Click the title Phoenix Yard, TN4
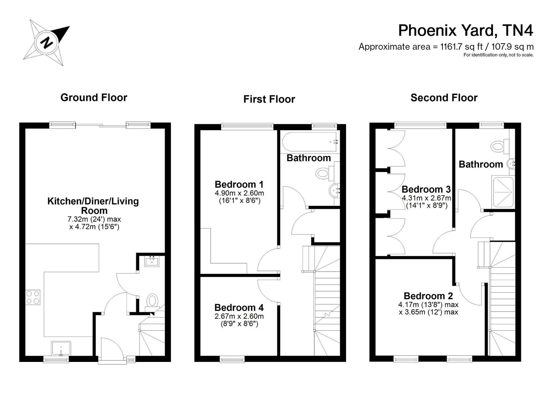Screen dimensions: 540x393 [466, 30]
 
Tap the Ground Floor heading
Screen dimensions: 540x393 [94, 98]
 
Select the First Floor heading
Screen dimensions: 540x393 [269, 99]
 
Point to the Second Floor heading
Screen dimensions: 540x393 [444, 98]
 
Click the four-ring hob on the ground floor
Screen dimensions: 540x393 [33, 297]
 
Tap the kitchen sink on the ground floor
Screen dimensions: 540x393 [61, 349]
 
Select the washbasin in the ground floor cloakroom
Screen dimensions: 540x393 [152, 261]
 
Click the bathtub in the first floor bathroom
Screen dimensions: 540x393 [310, 142]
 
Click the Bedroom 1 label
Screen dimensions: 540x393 [239, 184]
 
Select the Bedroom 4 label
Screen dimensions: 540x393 [239, 308]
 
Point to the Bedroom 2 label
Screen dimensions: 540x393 [428, 296]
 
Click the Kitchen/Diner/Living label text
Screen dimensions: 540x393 [93, 201]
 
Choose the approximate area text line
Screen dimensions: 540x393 [446, 47]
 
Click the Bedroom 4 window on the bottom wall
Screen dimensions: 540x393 [232, 359]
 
